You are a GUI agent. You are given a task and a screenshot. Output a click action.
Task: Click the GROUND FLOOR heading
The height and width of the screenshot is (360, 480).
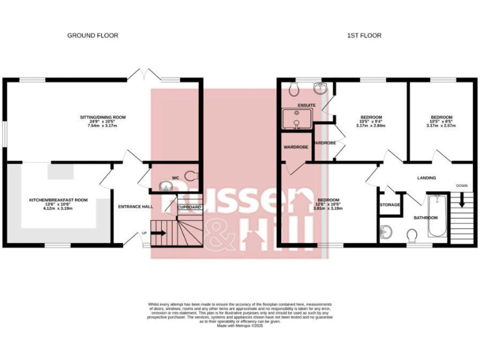[x=92, y=36]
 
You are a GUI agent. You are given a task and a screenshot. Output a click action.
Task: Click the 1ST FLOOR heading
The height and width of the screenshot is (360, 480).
[x=364, y=36]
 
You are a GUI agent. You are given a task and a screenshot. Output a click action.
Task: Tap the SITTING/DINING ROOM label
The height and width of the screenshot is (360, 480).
[x=103, y=121]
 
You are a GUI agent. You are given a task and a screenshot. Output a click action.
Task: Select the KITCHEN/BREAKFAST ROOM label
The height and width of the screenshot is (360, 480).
[x=58, y=204]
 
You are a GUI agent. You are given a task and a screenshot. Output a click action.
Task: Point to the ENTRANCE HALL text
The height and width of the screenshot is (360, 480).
[x=136, y=206]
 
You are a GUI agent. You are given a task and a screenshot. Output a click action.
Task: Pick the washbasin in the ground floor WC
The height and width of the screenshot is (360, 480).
[x=166, y=185]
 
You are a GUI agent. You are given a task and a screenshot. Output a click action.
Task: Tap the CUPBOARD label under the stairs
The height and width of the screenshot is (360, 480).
[x=189, y=207]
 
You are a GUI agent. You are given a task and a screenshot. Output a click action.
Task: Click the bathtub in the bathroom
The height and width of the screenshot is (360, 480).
[x=436, y=216]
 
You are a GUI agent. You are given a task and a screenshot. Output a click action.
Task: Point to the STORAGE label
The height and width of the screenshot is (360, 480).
[x=390, y=204]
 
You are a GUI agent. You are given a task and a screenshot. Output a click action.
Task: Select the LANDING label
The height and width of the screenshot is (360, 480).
[x=426, y=178]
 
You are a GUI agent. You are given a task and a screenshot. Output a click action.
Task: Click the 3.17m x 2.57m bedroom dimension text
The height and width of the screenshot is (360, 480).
[x=441, y=126]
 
